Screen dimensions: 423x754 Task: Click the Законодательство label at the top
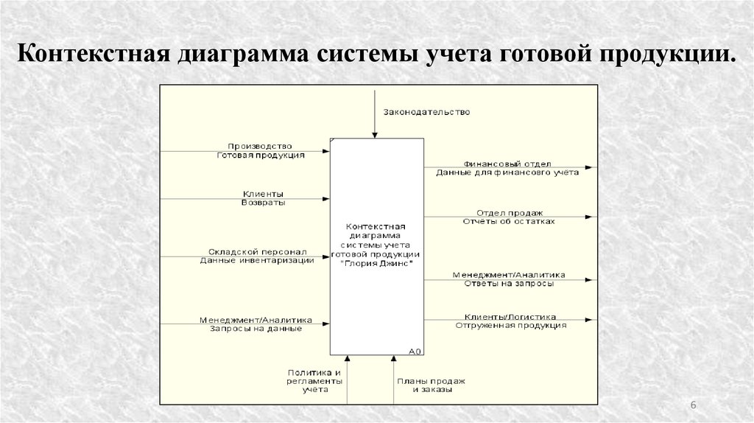pos(426,112)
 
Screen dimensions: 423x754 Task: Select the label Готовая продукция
pos(261,155)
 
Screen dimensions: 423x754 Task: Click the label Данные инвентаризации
pos(256,260)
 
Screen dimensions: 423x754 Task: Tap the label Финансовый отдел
pos(507,164)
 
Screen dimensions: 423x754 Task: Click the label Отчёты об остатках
pos(509,221)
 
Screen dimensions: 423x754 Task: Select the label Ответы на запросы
pos(509,284)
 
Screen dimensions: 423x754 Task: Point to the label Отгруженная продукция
pos(510,325)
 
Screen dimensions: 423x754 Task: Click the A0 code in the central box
pos(414,352)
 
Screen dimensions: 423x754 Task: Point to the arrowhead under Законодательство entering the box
pos(375,135)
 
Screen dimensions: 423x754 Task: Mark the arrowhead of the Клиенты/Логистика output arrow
pos(591,320)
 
